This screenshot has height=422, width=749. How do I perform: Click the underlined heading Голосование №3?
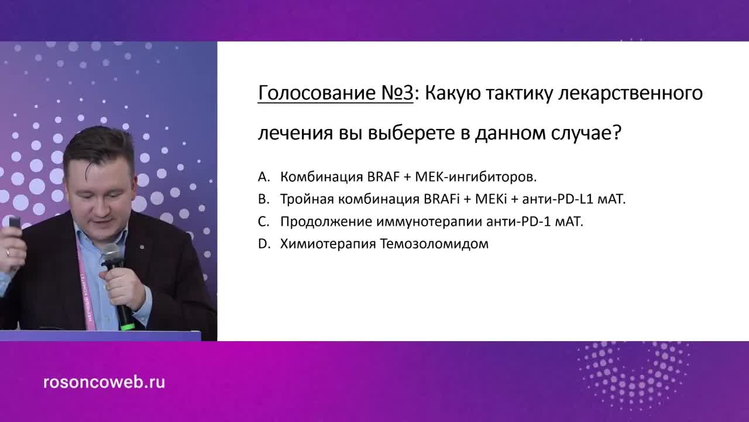(x=335, y=93)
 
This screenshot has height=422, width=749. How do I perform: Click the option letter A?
(x=263, y=176)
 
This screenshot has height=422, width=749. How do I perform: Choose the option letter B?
(x=263, y=199)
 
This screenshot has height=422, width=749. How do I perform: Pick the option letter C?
(x=263, y=222)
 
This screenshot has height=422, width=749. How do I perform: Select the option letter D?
(x=263, y=244)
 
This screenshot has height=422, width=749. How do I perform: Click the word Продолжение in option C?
(x=319, y=222)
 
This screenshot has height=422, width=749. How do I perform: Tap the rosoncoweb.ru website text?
(x=104, y=382)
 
